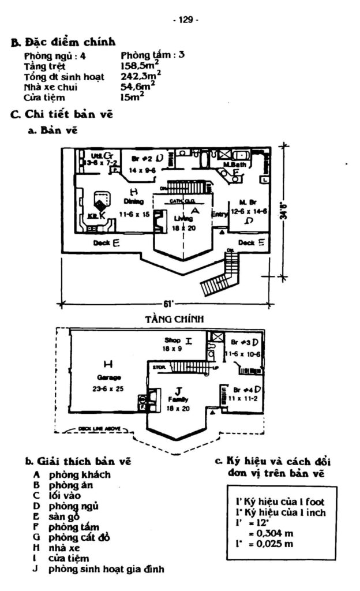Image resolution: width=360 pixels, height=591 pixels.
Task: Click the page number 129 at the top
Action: (185, 20)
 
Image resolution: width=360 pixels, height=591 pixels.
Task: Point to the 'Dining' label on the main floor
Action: (134, 201)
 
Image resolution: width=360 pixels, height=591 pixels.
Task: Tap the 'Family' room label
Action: (176, 399)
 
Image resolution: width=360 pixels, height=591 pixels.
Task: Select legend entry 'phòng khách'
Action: (80, 475)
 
